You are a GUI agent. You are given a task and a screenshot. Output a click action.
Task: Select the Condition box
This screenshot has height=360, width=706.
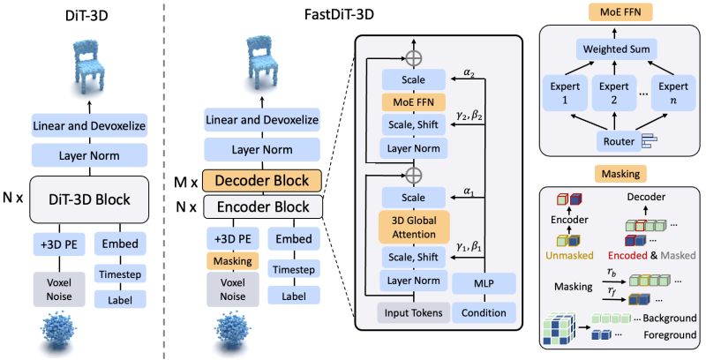pyautogui.click(x=481, y=311)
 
